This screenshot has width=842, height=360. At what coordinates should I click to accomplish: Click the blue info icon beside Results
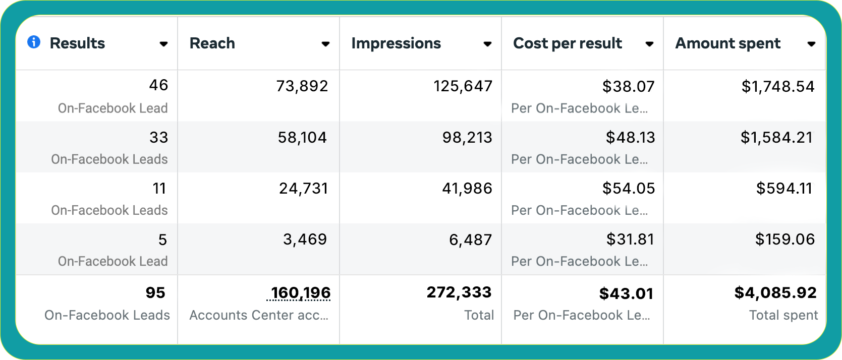point(34,42)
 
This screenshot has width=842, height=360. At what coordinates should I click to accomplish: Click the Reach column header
point(212,43)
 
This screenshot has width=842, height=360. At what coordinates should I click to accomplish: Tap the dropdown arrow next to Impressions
point(487,44)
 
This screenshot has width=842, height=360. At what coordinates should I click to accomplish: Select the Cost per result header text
point(568,43)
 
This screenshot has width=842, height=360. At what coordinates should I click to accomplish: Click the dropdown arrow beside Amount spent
point(811,44)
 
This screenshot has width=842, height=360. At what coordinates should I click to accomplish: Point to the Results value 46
point(158,85)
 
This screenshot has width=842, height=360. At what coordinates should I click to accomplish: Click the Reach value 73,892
point(302,86)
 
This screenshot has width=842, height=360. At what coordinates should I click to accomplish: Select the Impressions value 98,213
point(467,138)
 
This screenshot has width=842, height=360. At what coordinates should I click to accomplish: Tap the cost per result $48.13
point(630,138)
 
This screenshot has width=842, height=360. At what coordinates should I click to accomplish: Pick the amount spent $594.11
point(784,189)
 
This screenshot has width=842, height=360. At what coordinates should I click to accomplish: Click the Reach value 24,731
point(304,189)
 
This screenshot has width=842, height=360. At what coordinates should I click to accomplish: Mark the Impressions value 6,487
point(471,240)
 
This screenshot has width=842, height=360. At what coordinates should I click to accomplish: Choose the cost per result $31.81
point(630,239)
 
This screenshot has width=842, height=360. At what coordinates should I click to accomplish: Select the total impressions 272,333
point(459,292)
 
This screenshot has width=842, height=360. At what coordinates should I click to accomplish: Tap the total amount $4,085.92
point(775,293)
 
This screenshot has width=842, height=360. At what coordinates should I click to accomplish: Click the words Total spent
point(783,315)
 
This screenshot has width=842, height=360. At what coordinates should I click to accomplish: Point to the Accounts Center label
point(259,315)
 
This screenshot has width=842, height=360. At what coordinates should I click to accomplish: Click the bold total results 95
point(155,293)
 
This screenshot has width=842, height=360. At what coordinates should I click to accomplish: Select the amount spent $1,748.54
point(778,87)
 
